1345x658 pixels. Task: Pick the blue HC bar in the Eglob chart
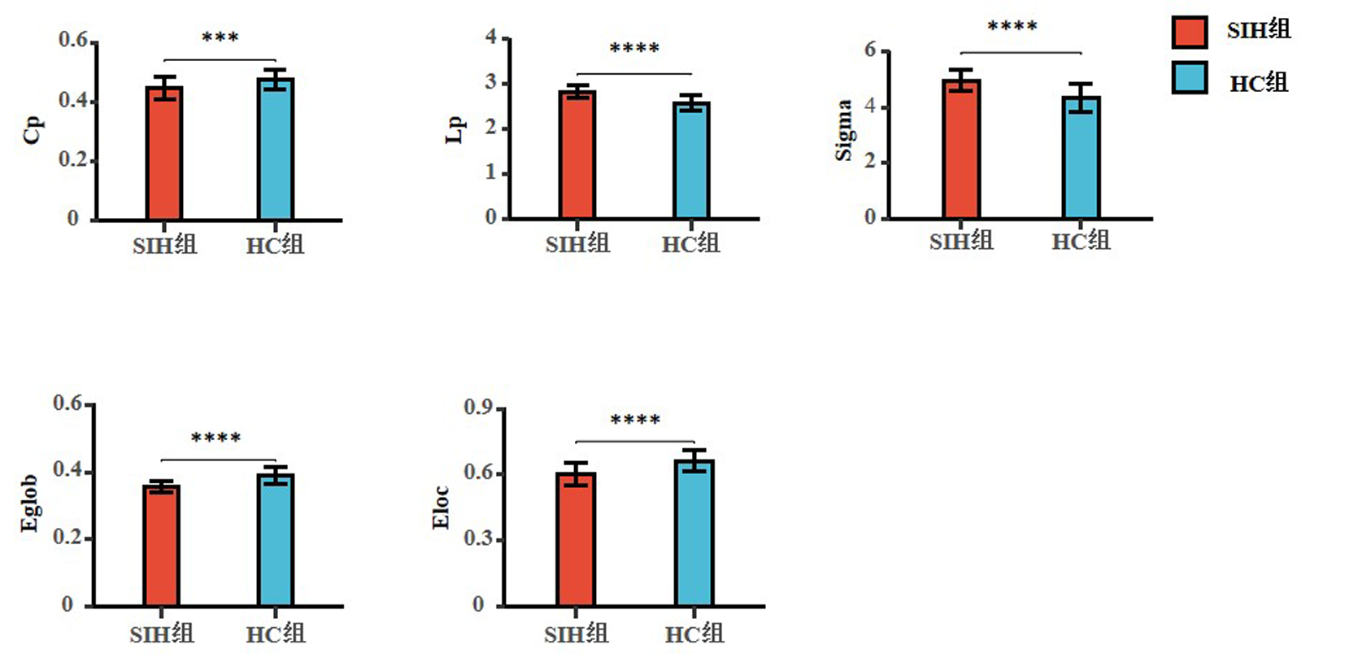coord(276,540)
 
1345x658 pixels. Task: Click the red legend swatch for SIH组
coord(1189,31)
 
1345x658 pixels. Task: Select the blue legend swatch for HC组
coord(1189,79)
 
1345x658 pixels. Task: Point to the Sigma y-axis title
coord(844,130)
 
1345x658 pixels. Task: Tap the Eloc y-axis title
coord(442,507)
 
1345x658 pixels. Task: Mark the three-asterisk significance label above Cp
coord(220,38)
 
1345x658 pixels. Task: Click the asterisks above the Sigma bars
coord(1012,27)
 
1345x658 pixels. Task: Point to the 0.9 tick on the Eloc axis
coord(478,407)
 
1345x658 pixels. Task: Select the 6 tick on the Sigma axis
coord(871,50)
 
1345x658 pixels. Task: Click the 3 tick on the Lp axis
coord(491,82)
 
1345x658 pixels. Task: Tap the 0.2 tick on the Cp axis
coord(73,159)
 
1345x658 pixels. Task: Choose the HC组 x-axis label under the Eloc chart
coord(694,634)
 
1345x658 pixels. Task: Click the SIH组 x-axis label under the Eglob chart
coord(162,634)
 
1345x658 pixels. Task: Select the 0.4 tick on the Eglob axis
coord(67,470)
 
